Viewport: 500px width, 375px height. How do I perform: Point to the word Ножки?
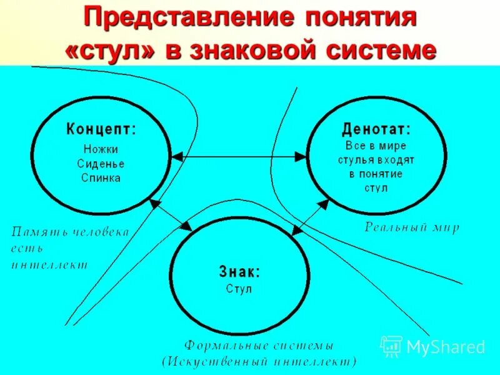click(x=101, y=149)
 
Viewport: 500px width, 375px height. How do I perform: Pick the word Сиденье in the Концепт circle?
click(x=101, y=164)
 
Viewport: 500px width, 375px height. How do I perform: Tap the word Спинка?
click(x=101, y=177)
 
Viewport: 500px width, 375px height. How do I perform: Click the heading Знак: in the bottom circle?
click(x=239, y=272)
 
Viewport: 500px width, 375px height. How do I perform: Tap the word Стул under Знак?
click(x=239, y=289)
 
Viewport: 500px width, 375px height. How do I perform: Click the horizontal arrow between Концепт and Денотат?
click(x=239, y=155)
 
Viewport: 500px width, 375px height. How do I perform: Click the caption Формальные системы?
click(x=259, y=346)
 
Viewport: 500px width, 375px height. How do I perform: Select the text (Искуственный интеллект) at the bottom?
click(x=259, y=361)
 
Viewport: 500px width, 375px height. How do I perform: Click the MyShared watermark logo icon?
click(x=391, y=346)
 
